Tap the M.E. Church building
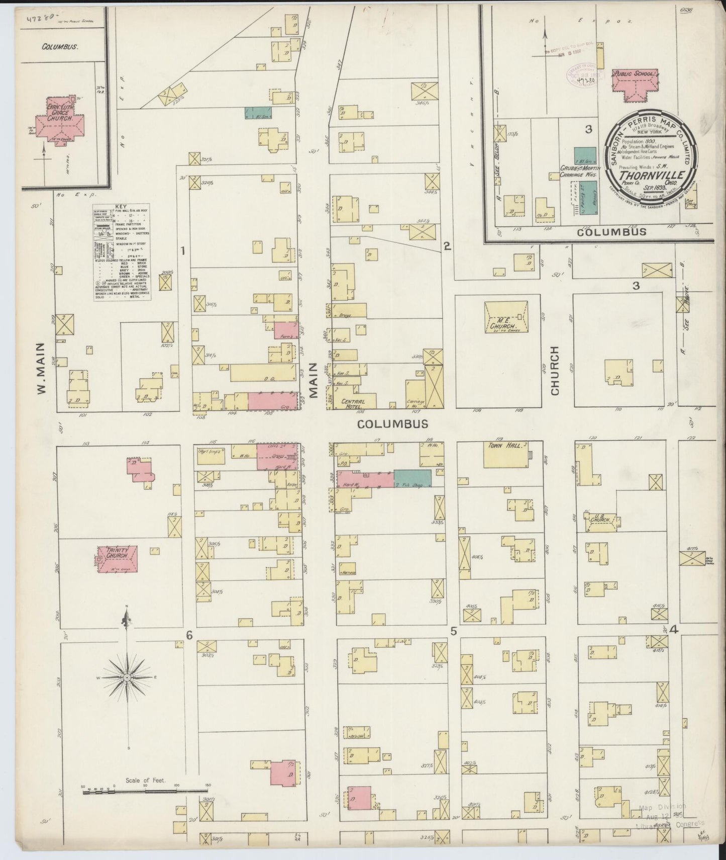tap(505, 317)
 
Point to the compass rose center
tap(127, 678)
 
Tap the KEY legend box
tap(122, 252)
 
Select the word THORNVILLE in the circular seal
tap(652, 175)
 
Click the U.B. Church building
tap(601, 521)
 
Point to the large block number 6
tap(189, 636)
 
